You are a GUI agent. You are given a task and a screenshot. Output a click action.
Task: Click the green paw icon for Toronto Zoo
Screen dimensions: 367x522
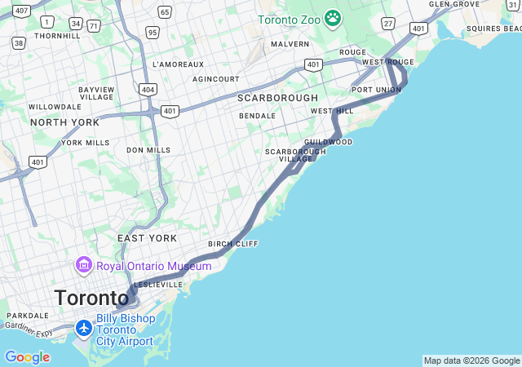[x=332, y=18]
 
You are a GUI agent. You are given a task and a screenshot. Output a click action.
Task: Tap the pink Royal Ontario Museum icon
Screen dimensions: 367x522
[x=84, y=265]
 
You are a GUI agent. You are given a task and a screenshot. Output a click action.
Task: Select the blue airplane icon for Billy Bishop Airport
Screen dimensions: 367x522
[x=84, y=329]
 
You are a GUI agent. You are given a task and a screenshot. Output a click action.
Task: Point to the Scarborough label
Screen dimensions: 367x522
[x=277, y=98]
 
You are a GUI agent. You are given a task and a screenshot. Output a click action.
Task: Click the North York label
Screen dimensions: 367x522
[x=64, y=122]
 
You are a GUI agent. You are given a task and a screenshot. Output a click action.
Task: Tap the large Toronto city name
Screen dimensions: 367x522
[x=91, y=298]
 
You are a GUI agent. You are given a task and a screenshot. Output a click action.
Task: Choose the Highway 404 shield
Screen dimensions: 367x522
[x=147, y=88]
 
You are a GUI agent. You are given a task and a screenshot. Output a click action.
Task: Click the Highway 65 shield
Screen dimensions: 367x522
[x=165, y=11]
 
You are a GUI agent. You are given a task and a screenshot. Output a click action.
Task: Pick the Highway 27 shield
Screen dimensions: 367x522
[x=388, y=23]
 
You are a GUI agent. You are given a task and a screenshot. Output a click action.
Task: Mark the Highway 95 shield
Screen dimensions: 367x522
[x=153, y=33]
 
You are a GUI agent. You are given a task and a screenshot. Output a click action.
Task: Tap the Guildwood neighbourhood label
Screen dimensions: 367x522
[x=328, y=142]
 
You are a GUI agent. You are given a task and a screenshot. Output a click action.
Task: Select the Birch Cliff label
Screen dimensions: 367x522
[x=233, y=244]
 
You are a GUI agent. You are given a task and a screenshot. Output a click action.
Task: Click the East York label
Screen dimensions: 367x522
[x=147, y=238]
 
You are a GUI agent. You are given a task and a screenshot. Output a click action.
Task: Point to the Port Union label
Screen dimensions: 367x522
[x=376, y=90]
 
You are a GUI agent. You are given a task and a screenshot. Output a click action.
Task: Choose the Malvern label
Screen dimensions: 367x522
[x=290, y=44]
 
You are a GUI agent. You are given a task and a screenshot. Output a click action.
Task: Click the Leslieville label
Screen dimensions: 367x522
[x=158, y=285]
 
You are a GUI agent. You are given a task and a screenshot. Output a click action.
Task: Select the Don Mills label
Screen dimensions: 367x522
[x=148, y=150]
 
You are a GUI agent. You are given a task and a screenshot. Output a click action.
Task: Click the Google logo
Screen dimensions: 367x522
[x=27, y=357]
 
